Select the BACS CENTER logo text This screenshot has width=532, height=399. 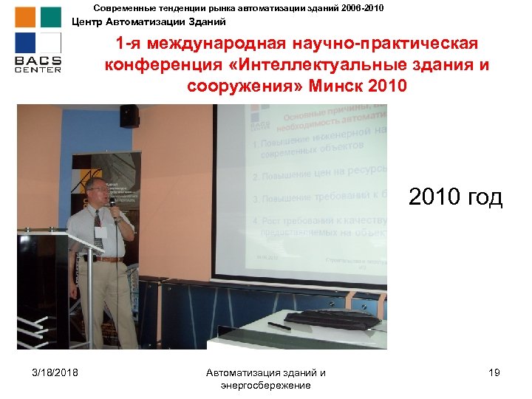(38, 63)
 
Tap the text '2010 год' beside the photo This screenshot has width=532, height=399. (455, 197)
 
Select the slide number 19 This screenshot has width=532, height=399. (494, 372)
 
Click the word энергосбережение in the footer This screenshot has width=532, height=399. (266, 385)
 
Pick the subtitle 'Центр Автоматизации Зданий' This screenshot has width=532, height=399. (149, 21)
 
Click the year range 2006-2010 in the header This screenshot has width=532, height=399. (358, 7)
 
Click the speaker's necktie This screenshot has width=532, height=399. (98, 229)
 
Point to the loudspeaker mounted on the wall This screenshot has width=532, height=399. (129, 115)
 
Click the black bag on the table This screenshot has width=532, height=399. (326, 318)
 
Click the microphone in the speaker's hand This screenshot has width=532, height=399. (113, 200)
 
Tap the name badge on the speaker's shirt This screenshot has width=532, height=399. (104, 231)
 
